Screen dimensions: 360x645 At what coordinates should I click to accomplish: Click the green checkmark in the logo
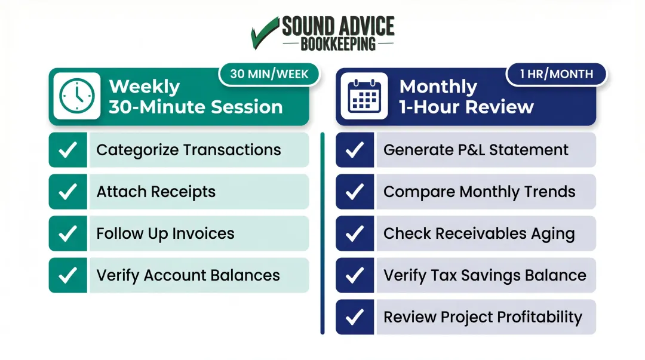click(265, 33)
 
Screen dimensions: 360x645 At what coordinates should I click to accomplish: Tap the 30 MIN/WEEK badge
click(269, 74)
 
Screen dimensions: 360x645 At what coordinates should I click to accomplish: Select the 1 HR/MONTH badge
click(556, 74)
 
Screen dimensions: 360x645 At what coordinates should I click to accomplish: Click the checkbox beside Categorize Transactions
click(68, 150)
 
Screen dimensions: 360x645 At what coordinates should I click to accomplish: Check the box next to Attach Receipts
click(68, 192)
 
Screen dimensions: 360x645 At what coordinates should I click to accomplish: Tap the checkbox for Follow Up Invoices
click(68, 233)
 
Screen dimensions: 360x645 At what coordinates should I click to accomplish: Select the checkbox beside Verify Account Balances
click(68, 275)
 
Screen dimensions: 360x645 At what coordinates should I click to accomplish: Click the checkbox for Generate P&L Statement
click(355, 150)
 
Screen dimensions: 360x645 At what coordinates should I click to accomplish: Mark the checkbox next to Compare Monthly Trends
click(355, 192)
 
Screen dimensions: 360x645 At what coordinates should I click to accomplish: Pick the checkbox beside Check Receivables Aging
click(355, 233)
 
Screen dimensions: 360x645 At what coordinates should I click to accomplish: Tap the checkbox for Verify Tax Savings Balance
click(355, 275)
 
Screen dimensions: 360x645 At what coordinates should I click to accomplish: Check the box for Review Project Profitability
click(355, 317)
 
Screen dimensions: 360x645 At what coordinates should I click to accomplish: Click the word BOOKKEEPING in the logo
click(338, 44)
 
